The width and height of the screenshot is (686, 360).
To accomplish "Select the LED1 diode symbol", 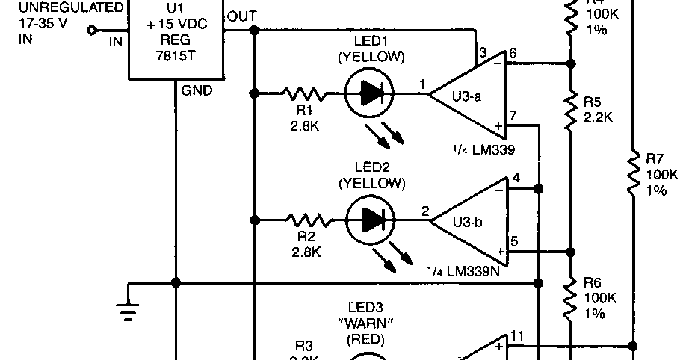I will [x=371, y=93].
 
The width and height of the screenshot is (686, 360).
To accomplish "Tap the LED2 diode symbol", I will [x=371, y=220].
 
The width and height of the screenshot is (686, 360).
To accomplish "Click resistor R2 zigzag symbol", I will [x=306, y=220].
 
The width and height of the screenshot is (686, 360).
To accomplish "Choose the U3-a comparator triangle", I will [x=471, y=94].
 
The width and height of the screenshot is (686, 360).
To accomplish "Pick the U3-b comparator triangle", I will [x=472, y=219].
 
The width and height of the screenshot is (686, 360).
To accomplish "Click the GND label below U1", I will [x=197, y=91].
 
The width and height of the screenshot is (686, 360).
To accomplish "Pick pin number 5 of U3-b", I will [x=514, y=241].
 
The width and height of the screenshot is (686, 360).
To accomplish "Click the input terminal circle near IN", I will [x=93, y=31].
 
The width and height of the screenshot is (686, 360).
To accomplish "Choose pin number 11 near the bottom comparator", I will [x=516, y=336].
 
